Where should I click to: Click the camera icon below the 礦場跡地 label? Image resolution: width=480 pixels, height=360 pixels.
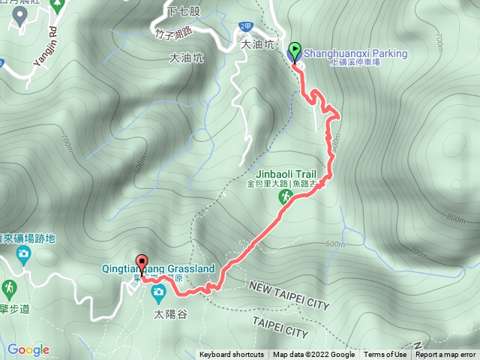[x=25, y=254]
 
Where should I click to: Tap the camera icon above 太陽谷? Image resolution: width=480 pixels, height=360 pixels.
[x=158, y=292]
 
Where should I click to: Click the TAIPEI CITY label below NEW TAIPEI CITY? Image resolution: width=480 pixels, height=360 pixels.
[x=280, y=331]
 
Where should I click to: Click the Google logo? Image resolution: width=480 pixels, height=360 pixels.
[x=28, y=349]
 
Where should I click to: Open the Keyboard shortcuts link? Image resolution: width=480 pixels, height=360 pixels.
[x=231, y=355]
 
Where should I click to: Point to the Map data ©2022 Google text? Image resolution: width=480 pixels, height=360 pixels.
[x=313, y=355]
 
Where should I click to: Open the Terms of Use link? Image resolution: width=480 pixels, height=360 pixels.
[x=385, y=355]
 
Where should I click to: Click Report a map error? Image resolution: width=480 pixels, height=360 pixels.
[x=447, y=355]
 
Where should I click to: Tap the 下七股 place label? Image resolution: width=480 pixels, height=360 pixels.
[x=184, y=11]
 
